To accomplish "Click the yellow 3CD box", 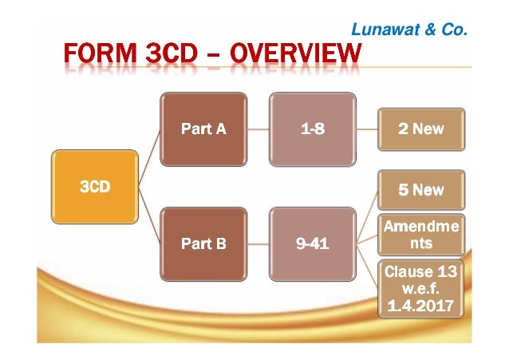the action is pos(94,187).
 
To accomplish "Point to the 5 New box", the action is pos(420,190).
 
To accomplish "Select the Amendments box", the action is pos(420,235).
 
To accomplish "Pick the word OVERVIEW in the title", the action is pos(297,55).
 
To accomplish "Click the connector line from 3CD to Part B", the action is pos(149,217).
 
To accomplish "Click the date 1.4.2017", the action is pos(420,305).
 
